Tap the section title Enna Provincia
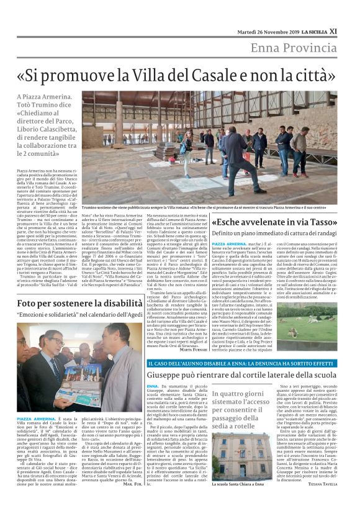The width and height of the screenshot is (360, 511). pyautogui.click(x=294, y=49)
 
